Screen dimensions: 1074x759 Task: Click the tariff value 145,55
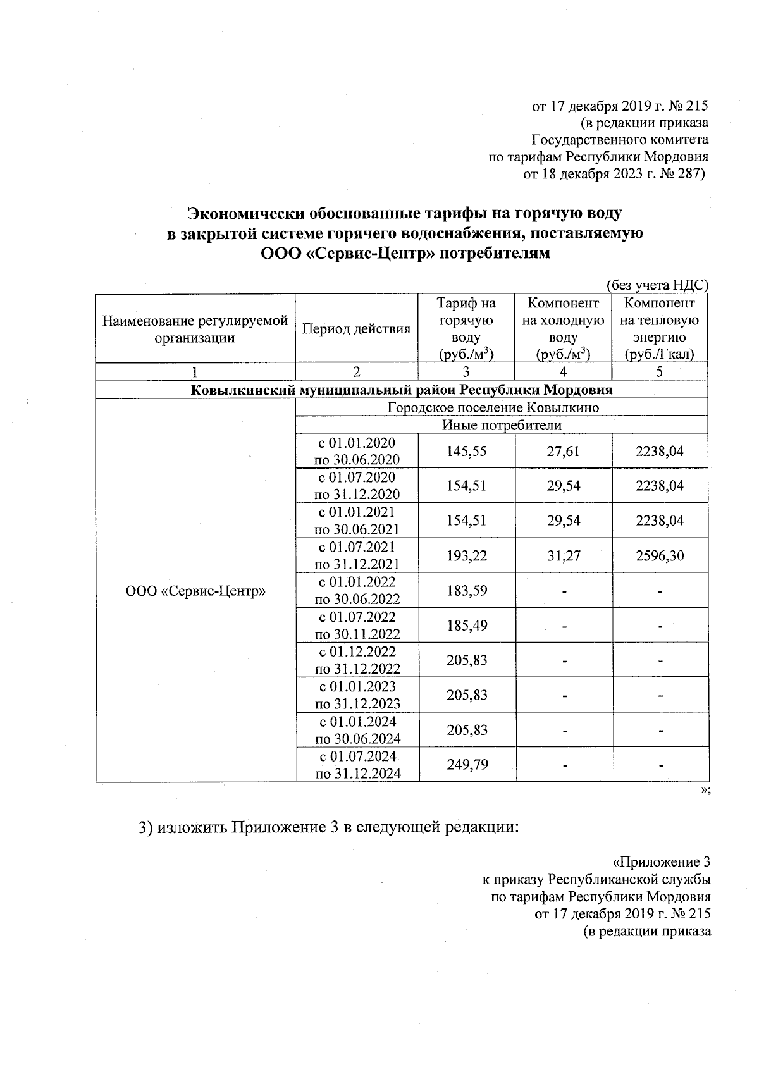click(x=467, y=451)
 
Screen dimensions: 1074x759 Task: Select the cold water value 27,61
click(x=563, y=451)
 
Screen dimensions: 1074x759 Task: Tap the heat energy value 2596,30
click(x=660, y=556)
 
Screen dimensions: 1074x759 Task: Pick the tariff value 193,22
click(x=467, y=556)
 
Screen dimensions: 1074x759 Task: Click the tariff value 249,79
click(x=467, y=765)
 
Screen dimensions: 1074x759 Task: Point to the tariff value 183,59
click(x=467, y=591)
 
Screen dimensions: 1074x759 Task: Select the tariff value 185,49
click(x=467, y=626)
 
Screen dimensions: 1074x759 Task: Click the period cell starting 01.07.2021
click(x=357, y=555)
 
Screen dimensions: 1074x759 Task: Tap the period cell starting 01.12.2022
click(x=357, y=660)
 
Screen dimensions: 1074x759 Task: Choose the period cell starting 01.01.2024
click(x=357, y=730)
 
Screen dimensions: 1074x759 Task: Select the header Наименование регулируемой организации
click(x=195, y=329)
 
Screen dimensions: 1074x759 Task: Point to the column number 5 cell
click(x=660, y=372)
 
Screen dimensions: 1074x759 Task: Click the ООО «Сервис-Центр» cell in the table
click(x=195, y=591)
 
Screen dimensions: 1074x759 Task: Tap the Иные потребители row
click(x=501, y=425)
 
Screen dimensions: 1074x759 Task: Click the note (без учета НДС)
click(x=657, y=286)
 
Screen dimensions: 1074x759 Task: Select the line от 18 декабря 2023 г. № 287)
click(x=613, y=174)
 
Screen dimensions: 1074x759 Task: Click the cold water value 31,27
click(x=563, y=556)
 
